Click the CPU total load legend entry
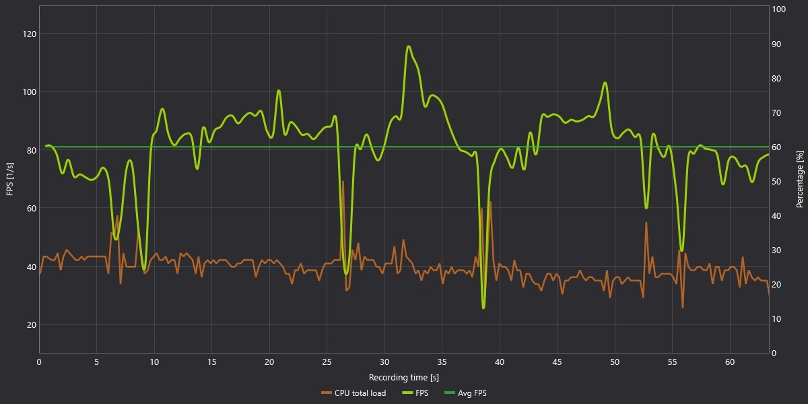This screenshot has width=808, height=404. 353,393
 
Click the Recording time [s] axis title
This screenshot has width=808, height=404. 404,377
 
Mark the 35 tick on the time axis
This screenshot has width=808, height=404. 442,362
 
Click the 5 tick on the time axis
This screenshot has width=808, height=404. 96,362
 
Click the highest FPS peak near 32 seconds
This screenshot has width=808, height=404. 409,46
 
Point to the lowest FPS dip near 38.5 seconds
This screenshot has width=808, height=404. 483,308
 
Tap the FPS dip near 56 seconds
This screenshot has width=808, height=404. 681,250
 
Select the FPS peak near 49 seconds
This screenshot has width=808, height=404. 605,83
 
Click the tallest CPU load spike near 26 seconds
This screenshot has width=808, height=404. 343,181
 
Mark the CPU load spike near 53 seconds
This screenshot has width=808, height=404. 646,223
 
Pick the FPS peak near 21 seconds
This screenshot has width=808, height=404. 279,90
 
